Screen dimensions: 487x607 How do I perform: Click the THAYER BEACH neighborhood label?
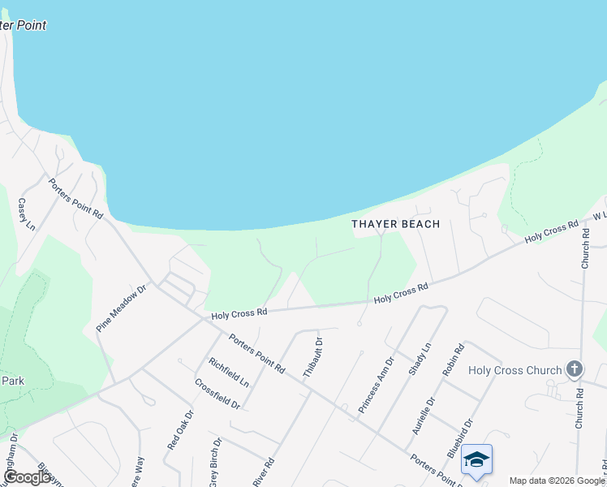(x=396, y=224)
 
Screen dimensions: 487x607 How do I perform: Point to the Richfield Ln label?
(x=228, y=372)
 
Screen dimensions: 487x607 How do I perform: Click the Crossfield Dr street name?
(x=217, y=394)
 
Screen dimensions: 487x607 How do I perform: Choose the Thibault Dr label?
(x=313, y=358)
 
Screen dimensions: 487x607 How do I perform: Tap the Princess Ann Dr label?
(x=377, y=381)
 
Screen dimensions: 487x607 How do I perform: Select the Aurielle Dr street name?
(x=430, y=412)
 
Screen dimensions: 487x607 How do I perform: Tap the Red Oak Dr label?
(x=181, y=429)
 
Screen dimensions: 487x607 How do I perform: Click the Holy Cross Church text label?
(x=515, y=370)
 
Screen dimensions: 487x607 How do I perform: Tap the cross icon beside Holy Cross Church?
(x=574, y=370)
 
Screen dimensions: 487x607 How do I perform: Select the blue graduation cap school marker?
(x=476, y=459)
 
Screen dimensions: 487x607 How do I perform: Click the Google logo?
(x=27, y=477)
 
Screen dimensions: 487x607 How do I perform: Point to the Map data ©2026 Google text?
(x=557, y=481)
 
